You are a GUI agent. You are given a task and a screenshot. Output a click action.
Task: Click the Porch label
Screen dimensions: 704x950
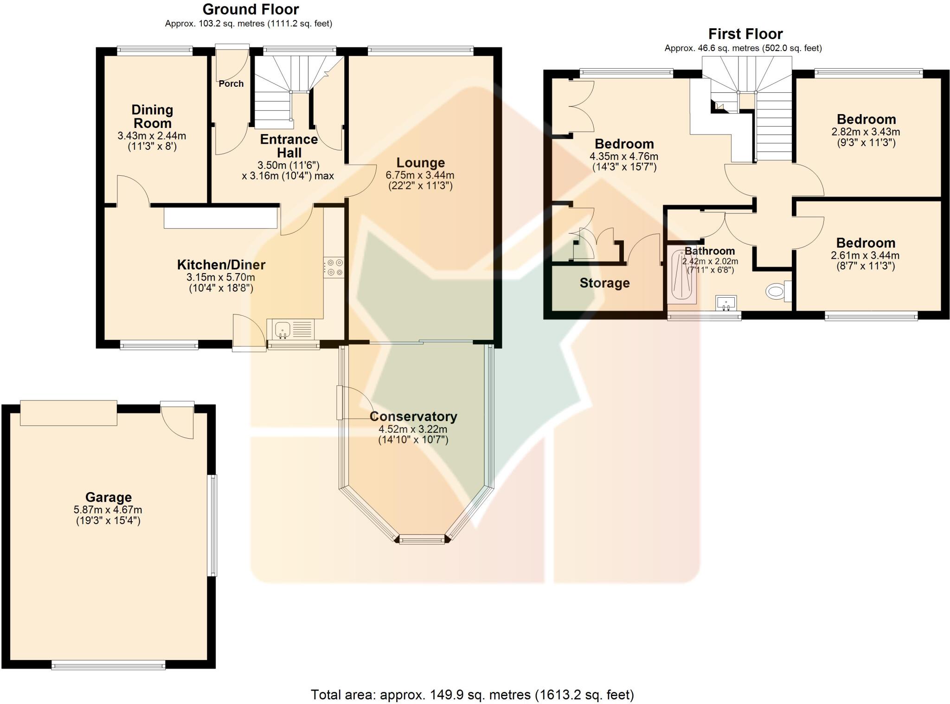click(231, 83)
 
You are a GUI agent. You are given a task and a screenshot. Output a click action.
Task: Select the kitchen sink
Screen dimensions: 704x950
click(282, 330)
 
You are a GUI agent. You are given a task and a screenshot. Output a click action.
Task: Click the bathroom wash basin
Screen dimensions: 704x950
click(725, 302)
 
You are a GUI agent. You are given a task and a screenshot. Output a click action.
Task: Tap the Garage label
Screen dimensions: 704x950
click(108, 497)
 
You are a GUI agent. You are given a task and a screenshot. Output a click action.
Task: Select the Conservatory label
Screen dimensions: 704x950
click(413, 416)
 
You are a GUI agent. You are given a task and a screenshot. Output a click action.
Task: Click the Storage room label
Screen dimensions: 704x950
click(604, 283)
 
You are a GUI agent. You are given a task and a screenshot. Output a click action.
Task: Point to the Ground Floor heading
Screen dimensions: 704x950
click(250, 9)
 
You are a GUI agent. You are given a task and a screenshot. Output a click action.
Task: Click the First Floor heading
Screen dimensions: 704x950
click(745, 34)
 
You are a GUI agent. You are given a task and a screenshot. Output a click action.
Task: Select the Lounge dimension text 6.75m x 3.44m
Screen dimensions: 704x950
click(420, 175)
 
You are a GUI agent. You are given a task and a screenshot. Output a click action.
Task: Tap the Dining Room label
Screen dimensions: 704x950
click(152, 116)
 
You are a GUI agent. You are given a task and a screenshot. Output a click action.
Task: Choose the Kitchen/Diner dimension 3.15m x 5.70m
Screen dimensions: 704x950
click(221, 277)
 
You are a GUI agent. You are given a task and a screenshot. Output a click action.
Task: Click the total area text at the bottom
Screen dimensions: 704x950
click(472, 694)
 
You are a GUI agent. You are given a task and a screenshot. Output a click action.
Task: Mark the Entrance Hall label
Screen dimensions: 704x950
click(289, 146)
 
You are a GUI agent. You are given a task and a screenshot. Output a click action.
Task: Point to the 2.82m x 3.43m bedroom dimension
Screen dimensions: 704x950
click(866, 132)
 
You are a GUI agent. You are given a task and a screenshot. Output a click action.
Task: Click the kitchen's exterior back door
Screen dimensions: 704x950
click(250, 333)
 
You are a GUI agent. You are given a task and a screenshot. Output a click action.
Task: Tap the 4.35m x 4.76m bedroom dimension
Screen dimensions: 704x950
click(624, 156)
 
